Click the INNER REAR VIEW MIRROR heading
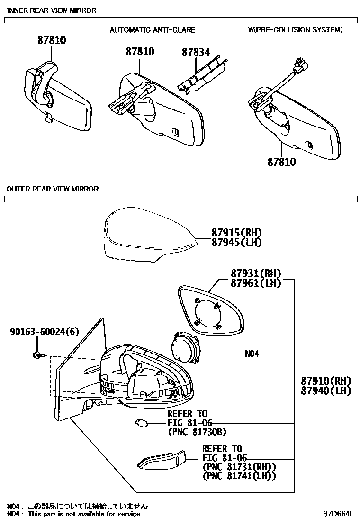[52, 10]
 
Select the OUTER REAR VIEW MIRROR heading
[53, 189]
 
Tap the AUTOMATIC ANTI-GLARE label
[152, 30]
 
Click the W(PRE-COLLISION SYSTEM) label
[295, 30]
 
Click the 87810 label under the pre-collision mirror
[281, 162]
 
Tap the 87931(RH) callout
[256, 273]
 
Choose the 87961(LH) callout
[256, 283]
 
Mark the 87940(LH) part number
[325, 391]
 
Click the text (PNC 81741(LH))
[239, 476]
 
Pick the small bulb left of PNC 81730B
[142, 422]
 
